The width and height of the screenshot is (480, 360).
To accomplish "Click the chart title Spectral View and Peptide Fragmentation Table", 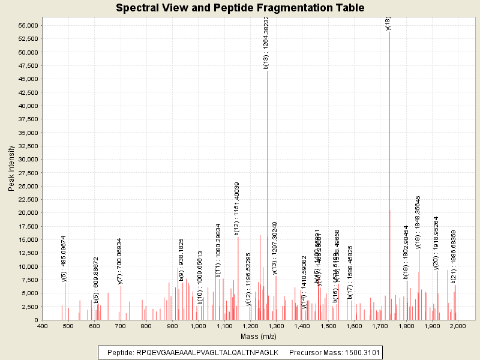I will point(240,8).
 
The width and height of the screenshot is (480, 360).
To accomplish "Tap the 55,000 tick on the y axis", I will point(28,25).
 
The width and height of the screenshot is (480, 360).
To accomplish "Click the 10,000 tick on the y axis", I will point(28,266).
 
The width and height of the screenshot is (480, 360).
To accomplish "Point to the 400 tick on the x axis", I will point(42,326).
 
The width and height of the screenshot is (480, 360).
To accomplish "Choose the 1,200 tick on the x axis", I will point(250,326).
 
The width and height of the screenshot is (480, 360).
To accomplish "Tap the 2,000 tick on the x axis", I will point(458,326).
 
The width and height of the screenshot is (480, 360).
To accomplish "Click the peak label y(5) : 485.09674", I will point(64,258).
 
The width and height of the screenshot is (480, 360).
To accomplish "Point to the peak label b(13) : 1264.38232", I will point(266,43).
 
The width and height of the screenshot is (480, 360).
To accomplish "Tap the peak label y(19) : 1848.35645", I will point(418,222).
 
